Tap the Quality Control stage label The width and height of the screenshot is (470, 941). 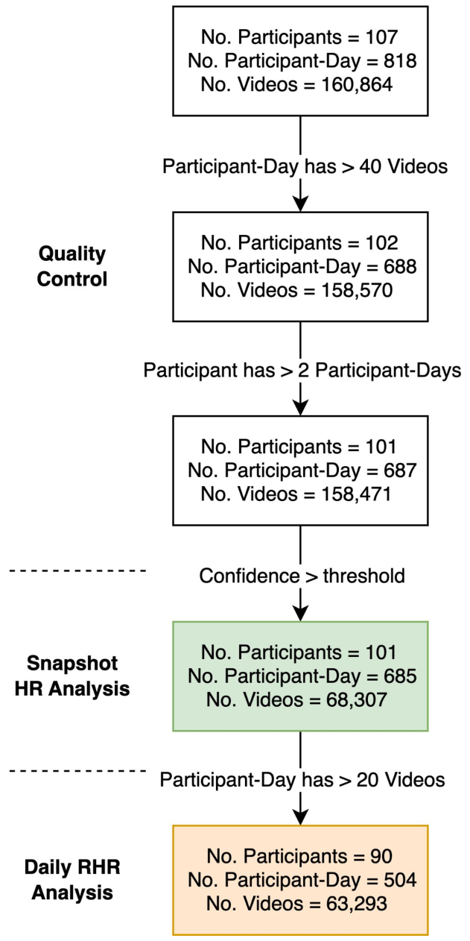pos(73,267)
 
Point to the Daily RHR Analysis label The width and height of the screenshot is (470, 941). pos(72,880)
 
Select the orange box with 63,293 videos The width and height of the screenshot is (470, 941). pos(300,880)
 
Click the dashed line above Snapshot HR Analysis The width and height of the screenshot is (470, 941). pos(78,570)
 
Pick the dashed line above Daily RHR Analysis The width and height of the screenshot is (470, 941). pos(78,771)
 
